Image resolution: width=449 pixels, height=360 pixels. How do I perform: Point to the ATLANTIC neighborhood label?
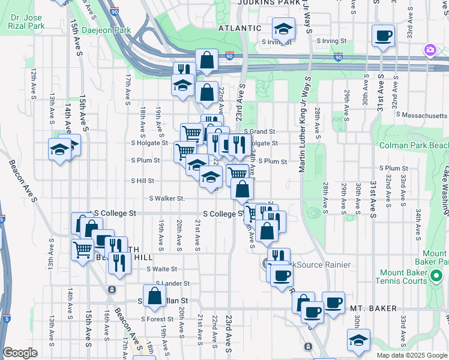(x=240, y=28)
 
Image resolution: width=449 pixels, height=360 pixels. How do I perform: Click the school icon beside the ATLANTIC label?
(x=283, y=29)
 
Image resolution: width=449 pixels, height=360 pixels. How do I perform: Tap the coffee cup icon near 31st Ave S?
(x=383, y=35)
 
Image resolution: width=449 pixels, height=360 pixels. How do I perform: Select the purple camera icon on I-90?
(x=430, y=50)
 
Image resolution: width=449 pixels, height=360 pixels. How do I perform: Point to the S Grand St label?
(x=259, y=131)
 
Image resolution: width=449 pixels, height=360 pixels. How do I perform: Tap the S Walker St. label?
(x=166, y=198)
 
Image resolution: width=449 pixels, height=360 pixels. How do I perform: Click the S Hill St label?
(x=142, y=181)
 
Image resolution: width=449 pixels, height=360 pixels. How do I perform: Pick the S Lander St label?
(x=172, y=283)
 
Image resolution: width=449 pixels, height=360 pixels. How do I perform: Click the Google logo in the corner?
(x=20, y=353)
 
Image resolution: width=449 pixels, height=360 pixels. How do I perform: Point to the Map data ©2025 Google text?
(x=411, y=355)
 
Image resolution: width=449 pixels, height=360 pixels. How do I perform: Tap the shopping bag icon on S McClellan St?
(x=155, y=296)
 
